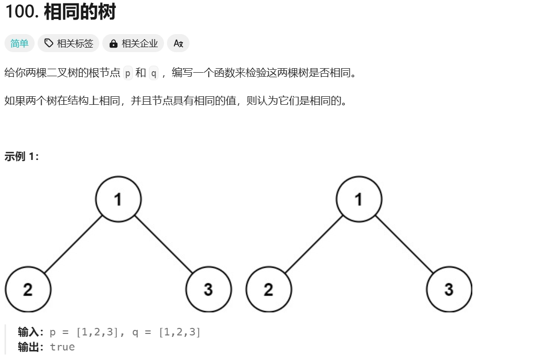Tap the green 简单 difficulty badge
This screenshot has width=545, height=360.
point(20,44)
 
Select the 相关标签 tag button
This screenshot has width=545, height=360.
point(69,44)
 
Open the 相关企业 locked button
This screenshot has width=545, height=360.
point(133,44)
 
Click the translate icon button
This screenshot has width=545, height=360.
point(178,44)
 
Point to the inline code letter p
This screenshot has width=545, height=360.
point(128,73)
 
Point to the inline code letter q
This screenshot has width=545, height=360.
point(153,73)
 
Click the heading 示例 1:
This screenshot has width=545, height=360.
point(22,156)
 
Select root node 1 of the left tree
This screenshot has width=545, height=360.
point(118,199)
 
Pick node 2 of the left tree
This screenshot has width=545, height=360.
point(28,289)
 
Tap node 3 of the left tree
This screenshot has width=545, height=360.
point(209,289)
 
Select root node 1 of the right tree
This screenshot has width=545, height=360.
point(359,199)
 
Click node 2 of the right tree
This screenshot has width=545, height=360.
point(269,289)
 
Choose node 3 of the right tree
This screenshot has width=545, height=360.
point(449,289)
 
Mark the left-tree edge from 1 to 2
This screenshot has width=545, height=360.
point(73,244)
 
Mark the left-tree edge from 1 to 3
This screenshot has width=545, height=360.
point(163,244)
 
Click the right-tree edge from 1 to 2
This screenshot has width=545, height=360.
point(314,244)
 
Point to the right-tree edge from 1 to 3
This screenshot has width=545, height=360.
point(404,244)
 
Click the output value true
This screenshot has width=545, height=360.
point(62,347)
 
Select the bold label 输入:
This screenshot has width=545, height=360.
point(31,332)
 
